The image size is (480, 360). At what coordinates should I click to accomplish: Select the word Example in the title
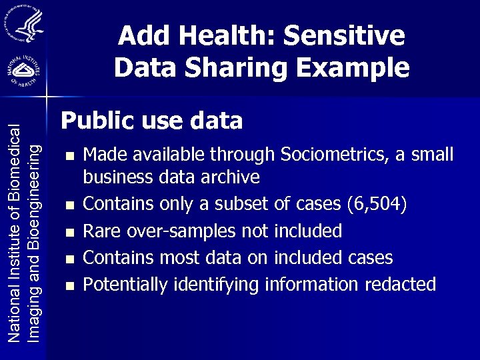tap(353, 67)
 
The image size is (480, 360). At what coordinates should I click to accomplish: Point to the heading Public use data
tap(152, 121)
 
